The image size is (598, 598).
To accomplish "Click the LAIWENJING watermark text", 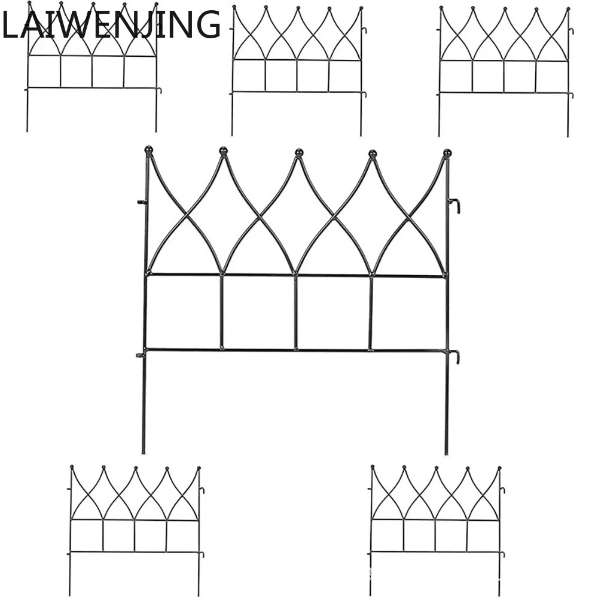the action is point(111,25).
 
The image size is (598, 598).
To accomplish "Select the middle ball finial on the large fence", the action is point(299,152).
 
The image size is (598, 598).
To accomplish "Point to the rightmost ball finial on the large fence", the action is point(447,152).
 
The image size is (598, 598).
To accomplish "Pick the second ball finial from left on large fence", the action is point(223,149).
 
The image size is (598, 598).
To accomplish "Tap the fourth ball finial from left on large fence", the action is point(373,154).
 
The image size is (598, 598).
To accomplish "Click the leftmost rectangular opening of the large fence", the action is point(184,312).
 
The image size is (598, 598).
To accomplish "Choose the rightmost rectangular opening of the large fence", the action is point(408,313).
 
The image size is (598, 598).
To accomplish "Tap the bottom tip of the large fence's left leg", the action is point(143,452).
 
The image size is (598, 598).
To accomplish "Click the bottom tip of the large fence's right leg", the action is point(447,453).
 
